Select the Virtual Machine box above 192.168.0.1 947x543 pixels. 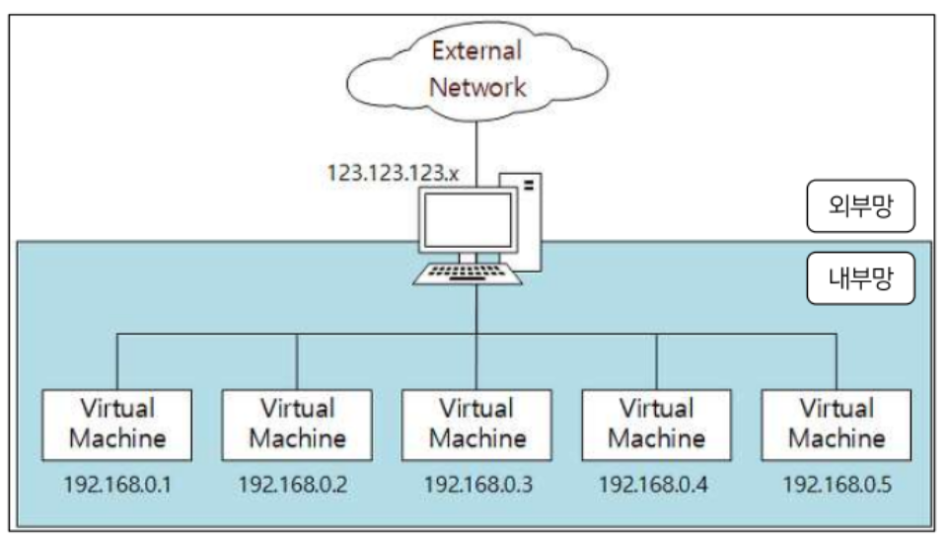[117, 423]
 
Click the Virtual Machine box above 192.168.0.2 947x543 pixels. [297, 423]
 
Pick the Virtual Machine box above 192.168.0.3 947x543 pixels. [476, 423]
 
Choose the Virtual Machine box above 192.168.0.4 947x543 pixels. [656, 423]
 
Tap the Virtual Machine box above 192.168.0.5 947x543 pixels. [836, 423]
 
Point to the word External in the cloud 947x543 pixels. [476, 50]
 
